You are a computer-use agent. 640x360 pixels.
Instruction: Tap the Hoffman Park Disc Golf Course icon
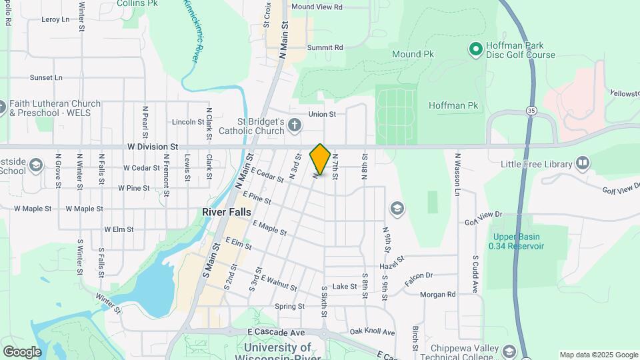pos(475,49)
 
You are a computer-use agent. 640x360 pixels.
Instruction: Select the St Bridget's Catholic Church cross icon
pos(295,125)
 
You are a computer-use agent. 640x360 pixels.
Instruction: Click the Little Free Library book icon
pos(583,163)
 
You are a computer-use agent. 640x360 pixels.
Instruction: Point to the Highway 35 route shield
pos(531,110)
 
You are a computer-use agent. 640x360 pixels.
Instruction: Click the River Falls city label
pos(227,211)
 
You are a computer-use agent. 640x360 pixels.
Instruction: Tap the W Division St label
pos(154,146)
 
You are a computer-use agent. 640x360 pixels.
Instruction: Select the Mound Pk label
pos(415,54)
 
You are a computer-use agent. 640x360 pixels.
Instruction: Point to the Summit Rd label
pos(325,48)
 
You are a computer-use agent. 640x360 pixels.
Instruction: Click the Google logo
pos(22,351)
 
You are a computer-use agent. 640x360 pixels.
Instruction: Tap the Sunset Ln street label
pos(46,77)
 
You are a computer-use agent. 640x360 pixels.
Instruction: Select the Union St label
pos(322,114)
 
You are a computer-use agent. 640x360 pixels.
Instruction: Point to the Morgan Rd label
pos(437,294)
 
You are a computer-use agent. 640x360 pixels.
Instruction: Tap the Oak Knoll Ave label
pos(372,332)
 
